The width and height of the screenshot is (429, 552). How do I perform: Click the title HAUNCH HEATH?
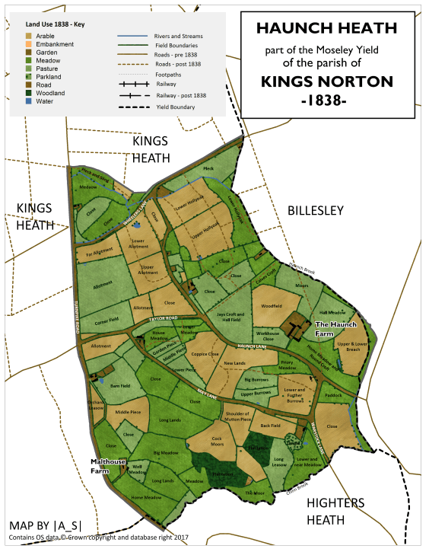click(x=326, y=29)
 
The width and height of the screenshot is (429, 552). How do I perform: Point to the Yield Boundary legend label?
click(x=176, y=107)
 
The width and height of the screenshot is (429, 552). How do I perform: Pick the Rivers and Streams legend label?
click(x=179, y=36)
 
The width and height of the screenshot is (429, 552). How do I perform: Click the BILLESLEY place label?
click(x=315, y=210)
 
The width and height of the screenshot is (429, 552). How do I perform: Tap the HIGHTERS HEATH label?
click(x=335, y=511)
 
